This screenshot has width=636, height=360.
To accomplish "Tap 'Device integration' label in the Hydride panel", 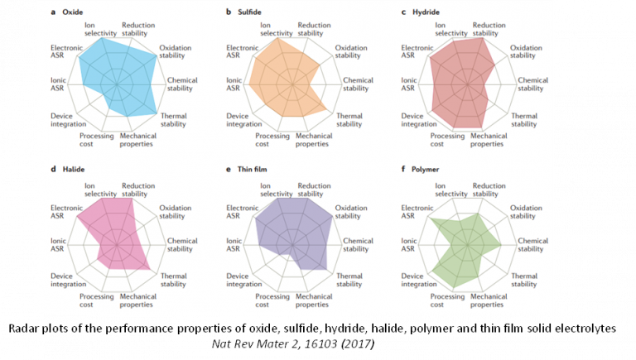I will click(x=419, y=120).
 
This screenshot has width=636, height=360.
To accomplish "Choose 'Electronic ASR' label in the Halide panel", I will click(x=65, y=213).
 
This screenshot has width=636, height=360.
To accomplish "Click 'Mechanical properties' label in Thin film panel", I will click(x=314, y=300).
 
